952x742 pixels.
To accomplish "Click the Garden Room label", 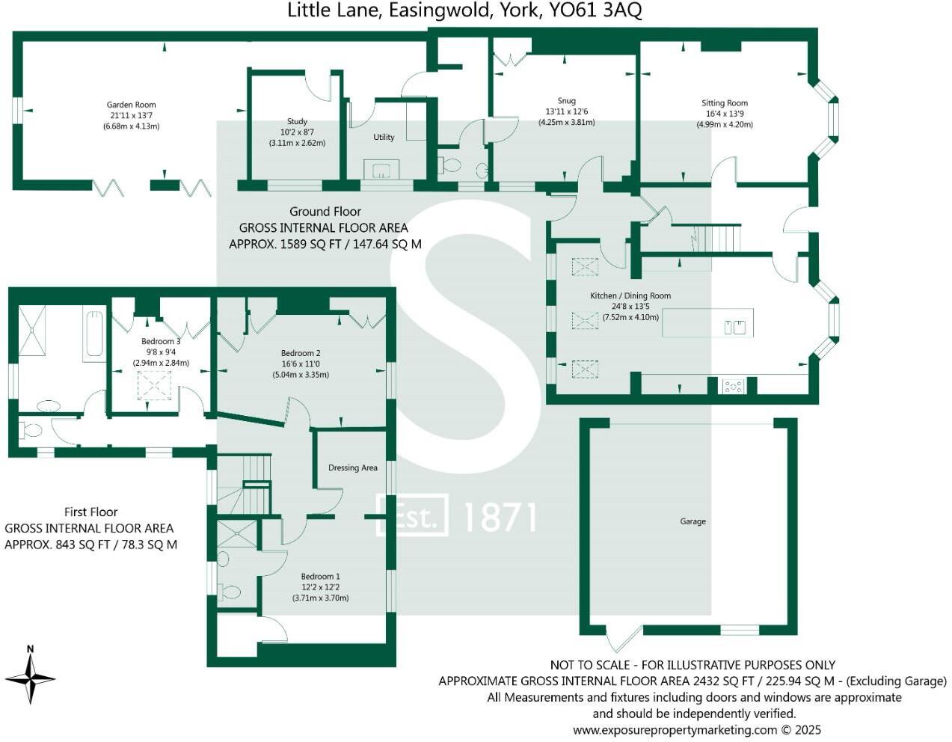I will (x=131, y=105).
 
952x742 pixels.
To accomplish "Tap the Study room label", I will (x=297, y=121).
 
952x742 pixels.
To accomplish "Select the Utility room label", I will (x=384, y=138).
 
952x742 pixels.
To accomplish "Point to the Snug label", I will (x=566, y=101).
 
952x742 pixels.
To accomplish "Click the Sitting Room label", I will (x=724, y=103).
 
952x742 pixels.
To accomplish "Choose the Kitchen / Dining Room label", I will (x=630, y=296).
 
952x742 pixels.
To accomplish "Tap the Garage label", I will (x=692, y=521).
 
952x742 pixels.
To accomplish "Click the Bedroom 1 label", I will (x=320, y=577).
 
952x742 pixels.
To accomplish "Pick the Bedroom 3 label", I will (x=161, y=342).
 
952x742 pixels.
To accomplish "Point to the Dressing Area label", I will (x=352, y=468).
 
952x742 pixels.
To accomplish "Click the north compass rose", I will (x=30, y=676).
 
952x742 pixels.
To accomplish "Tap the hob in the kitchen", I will (x=732, y=387).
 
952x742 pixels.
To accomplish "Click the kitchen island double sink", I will (x=734, y=327).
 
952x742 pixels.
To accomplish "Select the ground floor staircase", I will (x=717, y=239).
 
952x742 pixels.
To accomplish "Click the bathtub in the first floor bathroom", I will (x=95, y=334).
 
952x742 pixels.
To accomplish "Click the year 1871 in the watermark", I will (x=500, y=517).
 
